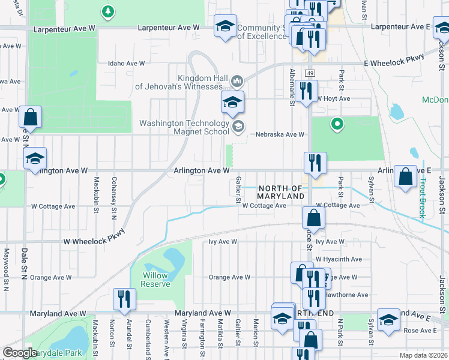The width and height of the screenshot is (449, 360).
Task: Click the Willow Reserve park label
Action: pos(155,280)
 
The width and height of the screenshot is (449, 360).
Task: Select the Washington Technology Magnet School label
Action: pos(184,127)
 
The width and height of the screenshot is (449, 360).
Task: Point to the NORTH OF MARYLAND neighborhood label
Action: pos(280,192)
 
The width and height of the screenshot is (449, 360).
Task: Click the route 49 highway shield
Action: pos(309,73)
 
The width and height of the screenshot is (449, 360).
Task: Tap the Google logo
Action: pos(20,353)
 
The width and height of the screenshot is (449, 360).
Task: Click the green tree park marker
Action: pos(107,11)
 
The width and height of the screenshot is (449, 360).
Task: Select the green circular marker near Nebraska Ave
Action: pos(337,125)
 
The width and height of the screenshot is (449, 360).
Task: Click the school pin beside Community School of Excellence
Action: pos(226,26)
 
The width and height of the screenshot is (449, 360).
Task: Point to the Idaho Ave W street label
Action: pos(126,63)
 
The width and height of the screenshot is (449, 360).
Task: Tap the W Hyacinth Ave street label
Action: pos(339,259)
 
